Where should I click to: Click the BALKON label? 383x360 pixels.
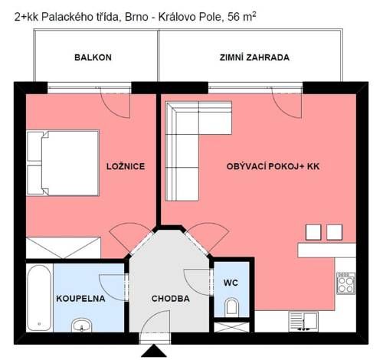pyautogui.click(x=93, y=57)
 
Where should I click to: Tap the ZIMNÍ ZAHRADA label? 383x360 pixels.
pyautogui.click(x=254, y=57)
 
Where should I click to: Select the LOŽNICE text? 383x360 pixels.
pyautogui.click(x=126, y=166)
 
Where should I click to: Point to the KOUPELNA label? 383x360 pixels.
pyautogui.click(x=80, y=299)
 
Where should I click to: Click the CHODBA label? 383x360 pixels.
pyautogui.click(x=171, y=299)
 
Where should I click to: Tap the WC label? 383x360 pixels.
pyautogui.click(x=231, y=283)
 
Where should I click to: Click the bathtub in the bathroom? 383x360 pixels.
pyautogui.click(x=39, y=298)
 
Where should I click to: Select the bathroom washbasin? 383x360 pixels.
pyautogui.click(x=82, y=325)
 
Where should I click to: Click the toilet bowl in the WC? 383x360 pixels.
pyautogui.click(x=232, y=307)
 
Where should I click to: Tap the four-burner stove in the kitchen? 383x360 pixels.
pyautogui.click(x=346, y=283)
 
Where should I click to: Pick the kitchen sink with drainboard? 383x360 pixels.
pyautogui.click(x=303, y=322)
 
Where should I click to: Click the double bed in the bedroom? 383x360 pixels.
pyautogui.click(x=63, y=163)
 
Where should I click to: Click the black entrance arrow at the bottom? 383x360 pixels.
pyautogui.click(x=154, y=352)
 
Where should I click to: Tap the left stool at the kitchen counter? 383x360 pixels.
pyautogui.click(x=313, y=232)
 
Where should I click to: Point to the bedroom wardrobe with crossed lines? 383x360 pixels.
pyautogui.click(x=64, y=248)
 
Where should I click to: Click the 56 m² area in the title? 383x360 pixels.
pyautogui.click(x=241, y=17)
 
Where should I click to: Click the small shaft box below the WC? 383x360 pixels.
pyautogui.click(x=231, y=327)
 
